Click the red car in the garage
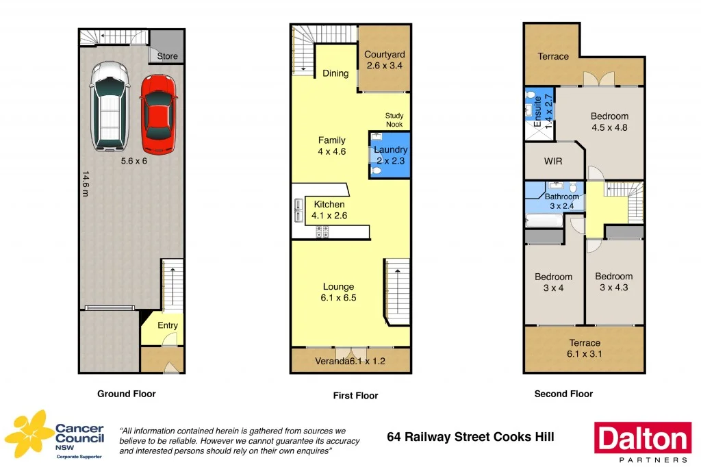[158, 114]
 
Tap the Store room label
[167, 56]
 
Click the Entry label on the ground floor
[168, 325]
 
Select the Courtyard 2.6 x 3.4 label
[385, 60]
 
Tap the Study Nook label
[394, 120]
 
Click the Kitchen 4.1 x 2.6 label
[329, 210]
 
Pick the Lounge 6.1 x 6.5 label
[339, 292]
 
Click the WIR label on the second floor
[553, 162]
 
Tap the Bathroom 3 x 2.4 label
[562, 201]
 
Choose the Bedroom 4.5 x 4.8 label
[609, 121]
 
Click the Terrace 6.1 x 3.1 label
[585, 348]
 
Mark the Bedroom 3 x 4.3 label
[613, 281]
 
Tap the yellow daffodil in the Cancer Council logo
[28, 433]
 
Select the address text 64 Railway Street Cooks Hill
[470, 437]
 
